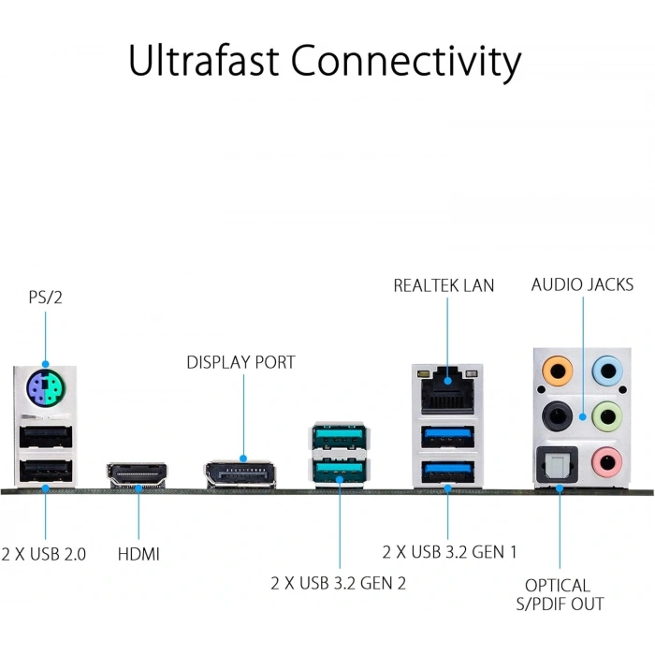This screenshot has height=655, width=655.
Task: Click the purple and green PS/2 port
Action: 45,386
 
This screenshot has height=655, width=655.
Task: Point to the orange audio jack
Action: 558,371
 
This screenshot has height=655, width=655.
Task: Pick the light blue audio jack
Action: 610,371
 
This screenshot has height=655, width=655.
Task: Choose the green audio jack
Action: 610,414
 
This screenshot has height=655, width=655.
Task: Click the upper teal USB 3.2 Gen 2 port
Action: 340,436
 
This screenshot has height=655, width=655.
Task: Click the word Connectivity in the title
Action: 405,61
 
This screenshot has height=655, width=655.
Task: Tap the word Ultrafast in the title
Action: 203,61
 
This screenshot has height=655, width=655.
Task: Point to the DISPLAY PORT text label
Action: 240,362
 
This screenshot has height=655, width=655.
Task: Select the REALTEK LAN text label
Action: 444,284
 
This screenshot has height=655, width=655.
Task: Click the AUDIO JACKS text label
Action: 582,284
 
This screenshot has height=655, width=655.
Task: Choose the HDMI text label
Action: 138,554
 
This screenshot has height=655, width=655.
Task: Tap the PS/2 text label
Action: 45,298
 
